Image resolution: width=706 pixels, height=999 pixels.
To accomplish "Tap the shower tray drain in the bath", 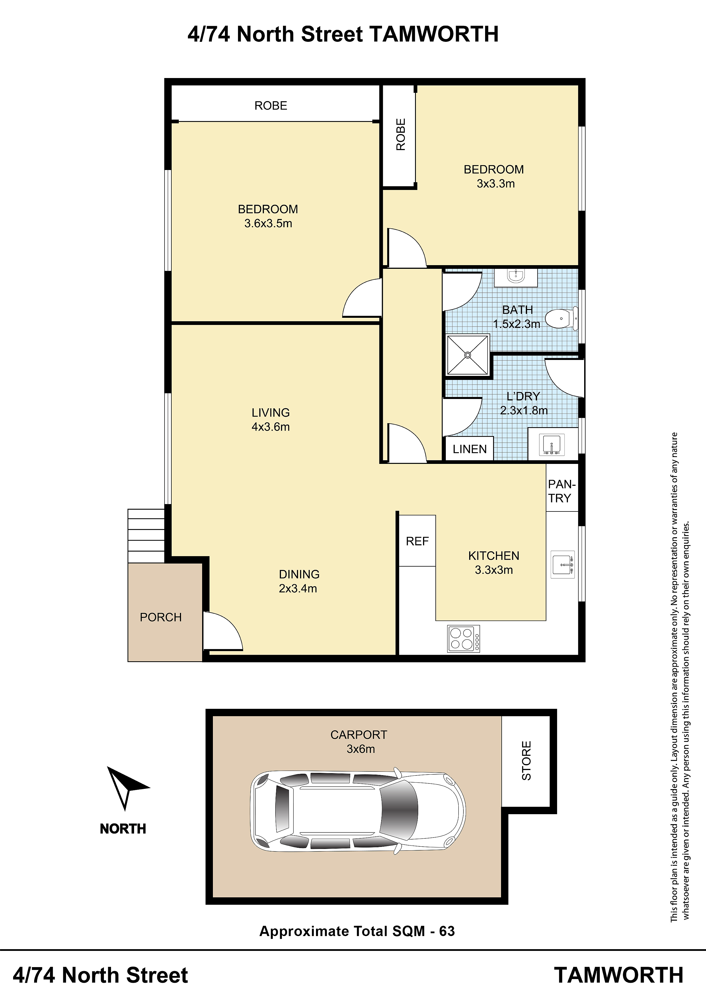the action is [468, 355].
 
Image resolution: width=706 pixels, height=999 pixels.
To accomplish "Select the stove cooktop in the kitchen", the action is [464, 638].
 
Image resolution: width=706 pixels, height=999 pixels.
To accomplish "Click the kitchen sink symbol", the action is [563, 564].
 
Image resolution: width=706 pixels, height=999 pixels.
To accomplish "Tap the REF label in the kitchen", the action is [417, 541].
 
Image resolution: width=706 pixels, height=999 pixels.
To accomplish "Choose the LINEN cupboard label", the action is [469, 449].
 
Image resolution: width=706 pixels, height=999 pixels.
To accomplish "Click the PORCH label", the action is [161, 617].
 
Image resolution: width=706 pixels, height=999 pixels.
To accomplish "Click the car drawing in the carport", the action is [358, 810].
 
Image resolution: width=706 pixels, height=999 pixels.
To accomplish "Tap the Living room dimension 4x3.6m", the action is [270, 427].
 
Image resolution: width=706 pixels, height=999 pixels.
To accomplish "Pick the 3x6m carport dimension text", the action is [361, 749].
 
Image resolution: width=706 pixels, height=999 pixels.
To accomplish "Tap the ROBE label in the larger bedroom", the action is [270, 106].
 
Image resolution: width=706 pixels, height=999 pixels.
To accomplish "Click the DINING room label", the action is [299, 574].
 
